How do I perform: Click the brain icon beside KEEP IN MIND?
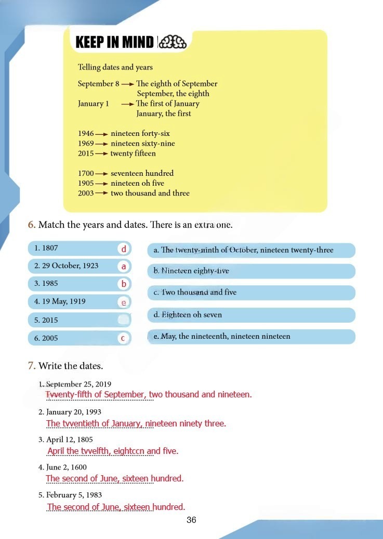tap(171, 42)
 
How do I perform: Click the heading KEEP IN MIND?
tap(114, 42)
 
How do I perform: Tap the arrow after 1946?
tap(101, 134)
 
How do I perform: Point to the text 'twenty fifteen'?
tap(133, 154)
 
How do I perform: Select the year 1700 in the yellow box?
tap(86, 173)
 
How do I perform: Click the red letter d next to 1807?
tap(124, 249)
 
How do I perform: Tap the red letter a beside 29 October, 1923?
tap(124, 267)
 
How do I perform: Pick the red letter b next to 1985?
tap(124, 284)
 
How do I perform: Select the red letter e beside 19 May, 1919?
tap(124, 302)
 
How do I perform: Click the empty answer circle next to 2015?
tap(124, 320)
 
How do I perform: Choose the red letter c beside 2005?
tap(124, 338)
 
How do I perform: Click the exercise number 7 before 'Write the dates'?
tap(32, 366)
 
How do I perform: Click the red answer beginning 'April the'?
tap(112, 451)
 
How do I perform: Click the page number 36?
tap(191, 520)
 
